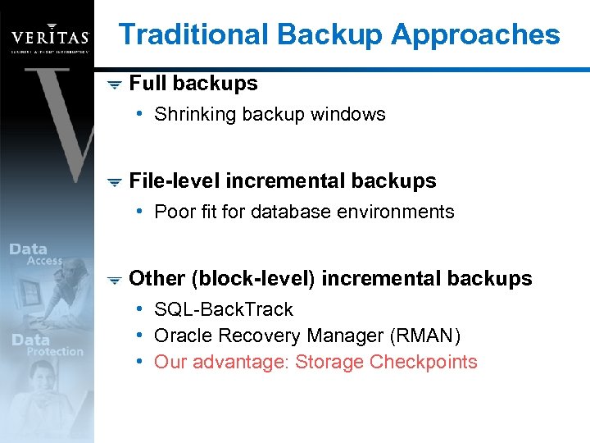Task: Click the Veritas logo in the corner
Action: (49, 38)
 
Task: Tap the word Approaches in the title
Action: (475, 34)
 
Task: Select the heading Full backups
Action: (193, 83)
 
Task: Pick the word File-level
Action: (175, 180)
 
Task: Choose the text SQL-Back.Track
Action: (224, 309)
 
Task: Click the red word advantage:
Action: (251, 362)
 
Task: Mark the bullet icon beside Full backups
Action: (115, 84)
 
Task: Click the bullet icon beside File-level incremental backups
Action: (115, 181)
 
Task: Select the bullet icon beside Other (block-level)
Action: (115, 279)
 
